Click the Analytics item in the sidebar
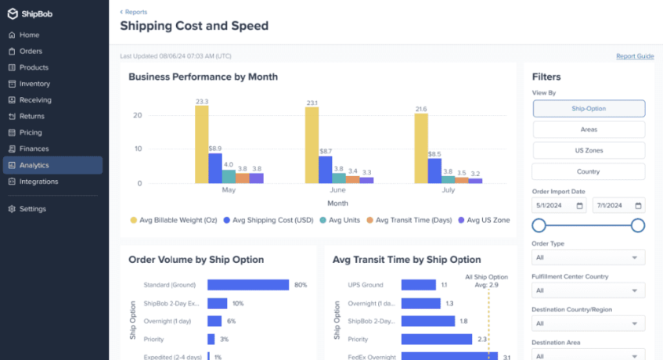(x=34, y=165)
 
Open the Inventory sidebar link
(x=34, y=84)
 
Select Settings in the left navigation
(x=32, y=209)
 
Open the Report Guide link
(x=634, y=56)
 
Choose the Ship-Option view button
(x=589, y=109)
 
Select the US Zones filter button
(x=589, y=150)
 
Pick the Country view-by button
(x=589, y=171)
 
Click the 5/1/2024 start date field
(x=558, y=206)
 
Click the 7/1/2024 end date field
(x=618, y=206)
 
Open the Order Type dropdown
(x=589, y=257)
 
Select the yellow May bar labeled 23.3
(x=202, y=145)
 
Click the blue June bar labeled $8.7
(x=325, y=169)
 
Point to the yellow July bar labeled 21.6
(x=421, y=148)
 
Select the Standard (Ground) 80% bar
(x=247, y=285)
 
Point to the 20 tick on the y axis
(x=138, y=115)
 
